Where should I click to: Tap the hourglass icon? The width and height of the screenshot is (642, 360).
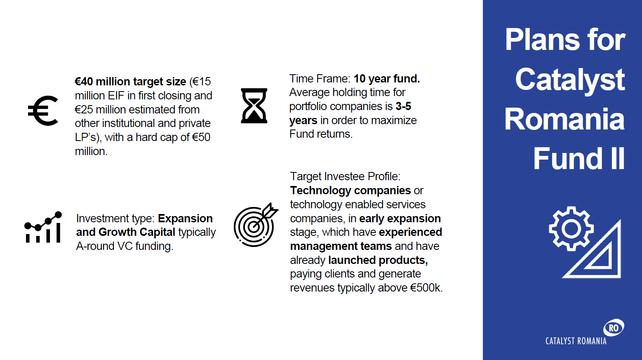coord(254,106)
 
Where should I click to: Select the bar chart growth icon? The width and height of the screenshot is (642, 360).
coord(43,227)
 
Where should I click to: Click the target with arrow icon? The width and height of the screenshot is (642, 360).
coord(256,225)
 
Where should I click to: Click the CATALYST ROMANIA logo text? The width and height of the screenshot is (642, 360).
coord(576,341)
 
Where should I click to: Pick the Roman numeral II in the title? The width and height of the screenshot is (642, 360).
coord(617,158)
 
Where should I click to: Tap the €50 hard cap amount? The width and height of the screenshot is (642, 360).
coord(201,137)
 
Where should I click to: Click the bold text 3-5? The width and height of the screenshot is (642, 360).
coord(403,106)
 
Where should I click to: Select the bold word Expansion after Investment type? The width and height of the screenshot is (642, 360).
coord(185,219)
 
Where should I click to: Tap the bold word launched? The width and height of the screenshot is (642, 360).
coord(352,260)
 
